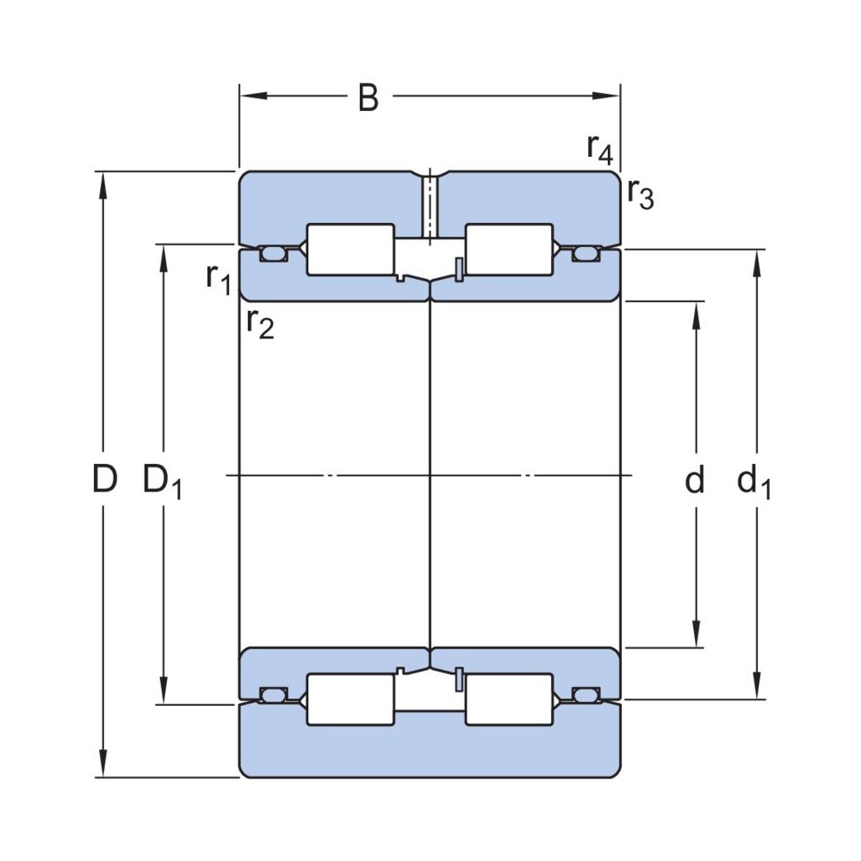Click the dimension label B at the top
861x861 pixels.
368,99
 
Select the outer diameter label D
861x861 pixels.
104,480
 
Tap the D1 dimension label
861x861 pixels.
162,482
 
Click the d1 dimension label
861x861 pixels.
754,482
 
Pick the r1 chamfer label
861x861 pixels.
218,277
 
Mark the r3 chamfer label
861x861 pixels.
640,194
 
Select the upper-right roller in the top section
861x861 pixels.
508,250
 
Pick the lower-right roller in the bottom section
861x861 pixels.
508,698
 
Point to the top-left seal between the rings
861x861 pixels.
274,253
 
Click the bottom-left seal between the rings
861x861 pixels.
274,694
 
